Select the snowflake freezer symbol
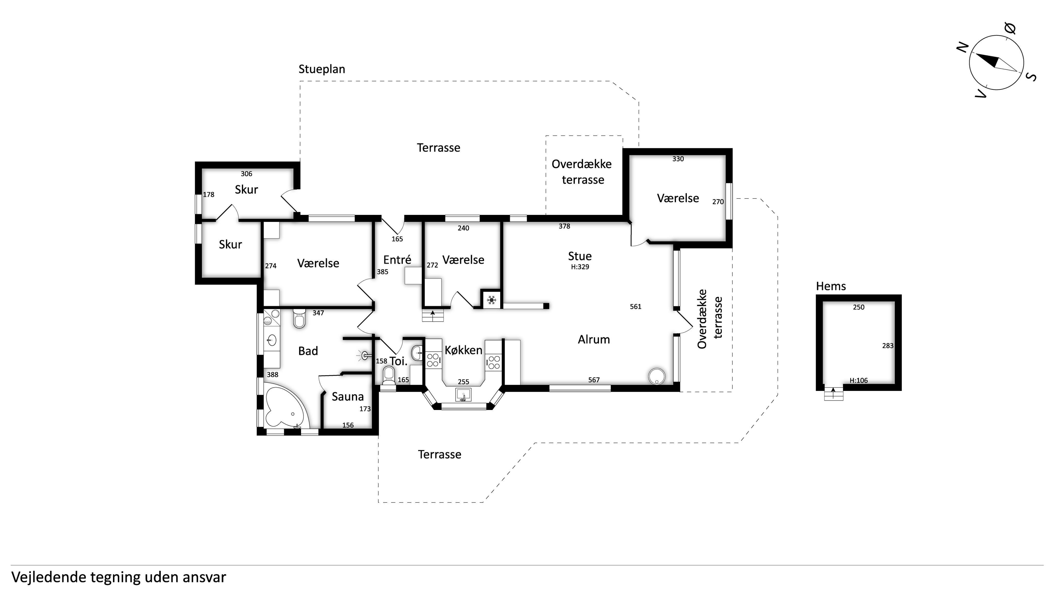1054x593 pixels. point(491,300)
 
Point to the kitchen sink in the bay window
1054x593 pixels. point(463,395)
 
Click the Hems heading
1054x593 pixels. point(831,286)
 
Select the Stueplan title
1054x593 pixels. point(322,69)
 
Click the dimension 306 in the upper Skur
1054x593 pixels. point(246,173)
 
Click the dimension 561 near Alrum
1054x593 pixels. point(635,307)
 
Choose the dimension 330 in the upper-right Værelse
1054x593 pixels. point(678,159)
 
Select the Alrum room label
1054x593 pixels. point(594,339)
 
